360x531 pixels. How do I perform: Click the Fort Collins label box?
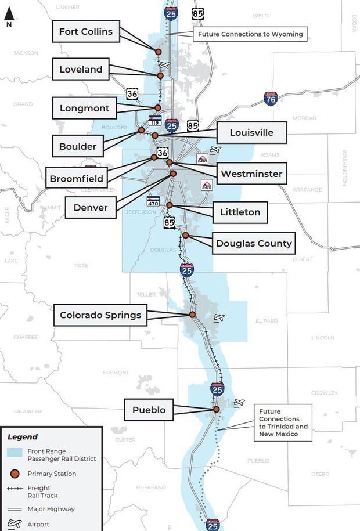tap(86, 31)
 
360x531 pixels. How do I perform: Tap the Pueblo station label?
tap(149, 410)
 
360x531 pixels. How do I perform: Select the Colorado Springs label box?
tap(100, 315)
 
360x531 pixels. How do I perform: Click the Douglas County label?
tap(254, 243)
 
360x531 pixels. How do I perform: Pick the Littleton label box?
tap(240, 212)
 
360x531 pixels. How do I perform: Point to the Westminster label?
tap(251, 174)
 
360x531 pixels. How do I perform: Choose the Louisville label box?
tap(251, 132)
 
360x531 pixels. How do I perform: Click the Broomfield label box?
tap(76, 179)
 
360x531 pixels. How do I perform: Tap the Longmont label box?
tap(85, 108)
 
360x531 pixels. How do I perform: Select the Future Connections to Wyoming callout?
tap(250, 34)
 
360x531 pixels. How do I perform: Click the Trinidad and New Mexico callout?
tap(283, 422)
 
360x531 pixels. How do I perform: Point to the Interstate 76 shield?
tap(271, 98)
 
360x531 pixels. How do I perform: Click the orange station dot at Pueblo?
tap(217, 409)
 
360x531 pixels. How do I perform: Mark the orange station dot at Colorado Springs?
tap(192, 315)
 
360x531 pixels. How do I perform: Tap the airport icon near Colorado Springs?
tap(219, 317)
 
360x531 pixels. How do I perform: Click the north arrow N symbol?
tap(9, 19)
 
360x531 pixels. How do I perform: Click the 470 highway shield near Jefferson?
tap(153, 201)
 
